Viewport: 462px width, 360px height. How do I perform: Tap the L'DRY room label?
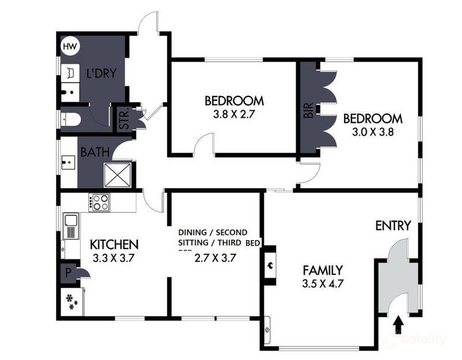102,73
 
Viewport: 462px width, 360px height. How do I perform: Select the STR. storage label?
123,119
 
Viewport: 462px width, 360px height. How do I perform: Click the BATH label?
92,153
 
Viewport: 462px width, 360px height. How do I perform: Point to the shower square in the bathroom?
118,174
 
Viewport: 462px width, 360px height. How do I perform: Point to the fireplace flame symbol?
269,265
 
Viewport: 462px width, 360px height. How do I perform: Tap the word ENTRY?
393,226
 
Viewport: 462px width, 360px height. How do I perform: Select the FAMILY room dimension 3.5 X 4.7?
323,284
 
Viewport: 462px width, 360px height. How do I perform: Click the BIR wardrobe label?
308,111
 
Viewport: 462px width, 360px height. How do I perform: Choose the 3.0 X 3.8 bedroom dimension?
372,132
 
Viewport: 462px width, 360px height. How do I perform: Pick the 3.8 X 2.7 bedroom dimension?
234,114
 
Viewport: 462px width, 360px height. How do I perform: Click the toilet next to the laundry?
72,119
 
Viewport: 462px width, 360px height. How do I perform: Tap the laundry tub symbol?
70,73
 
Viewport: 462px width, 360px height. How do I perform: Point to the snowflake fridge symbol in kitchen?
72,301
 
